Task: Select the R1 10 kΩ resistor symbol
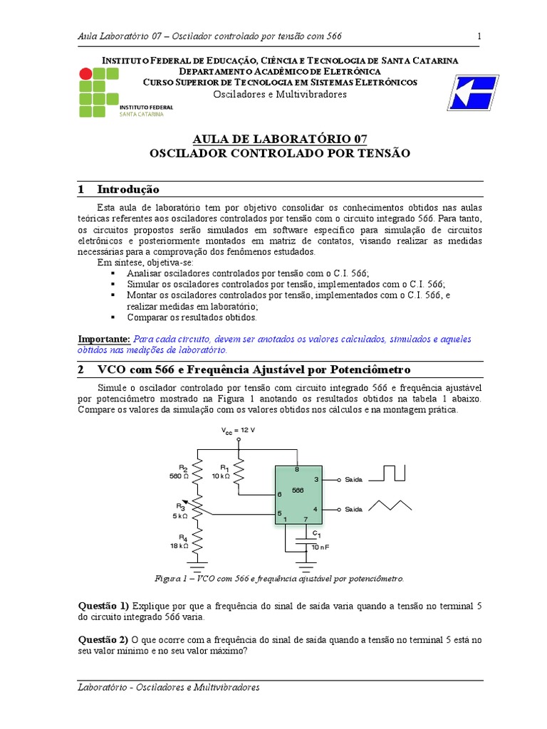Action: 239,471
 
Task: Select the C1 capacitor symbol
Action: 308,542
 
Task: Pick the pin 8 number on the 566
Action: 296,470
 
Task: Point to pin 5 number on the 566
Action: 279,513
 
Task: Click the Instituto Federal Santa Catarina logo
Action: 123,93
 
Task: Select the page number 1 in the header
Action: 479,36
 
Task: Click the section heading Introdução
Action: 128,189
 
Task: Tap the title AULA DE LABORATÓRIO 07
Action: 280,139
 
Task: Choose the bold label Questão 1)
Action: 103,605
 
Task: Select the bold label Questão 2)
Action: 103,640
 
